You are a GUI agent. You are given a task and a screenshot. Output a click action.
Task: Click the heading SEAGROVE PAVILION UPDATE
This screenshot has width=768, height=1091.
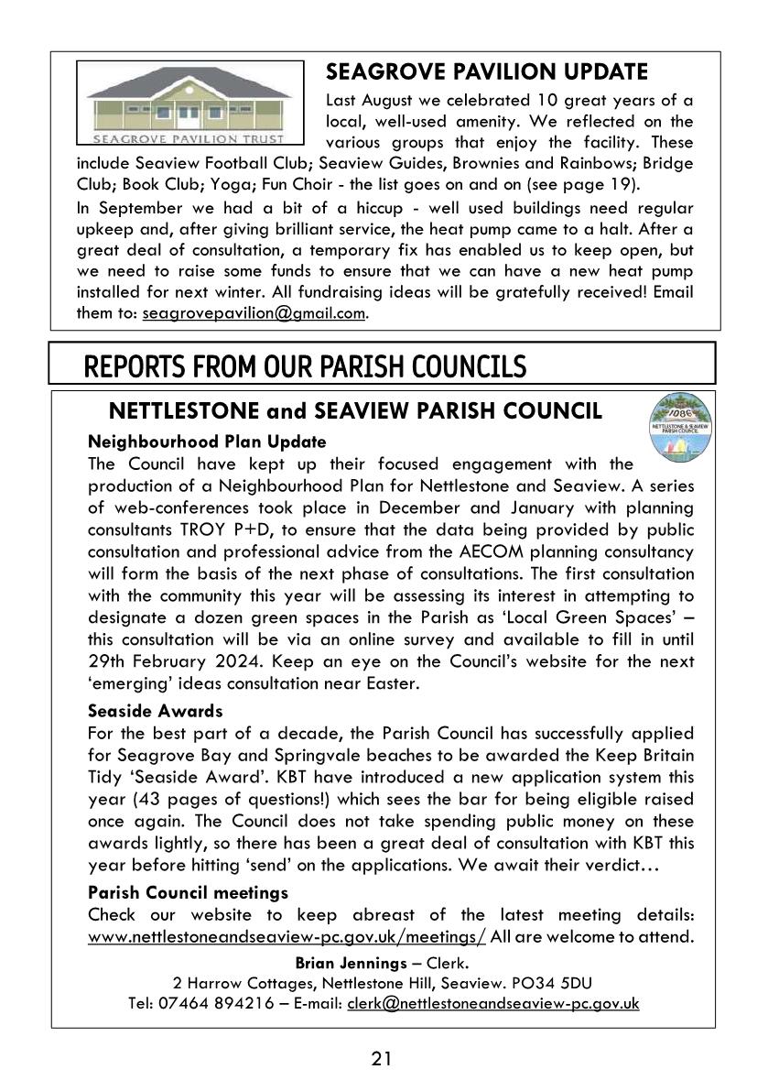pyautogui.click(x=487, y=71)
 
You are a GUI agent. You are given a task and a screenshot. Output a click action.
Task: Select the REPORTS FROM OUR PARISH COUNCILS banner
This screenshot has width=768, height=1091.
pyautogui.click(x=305, y=366)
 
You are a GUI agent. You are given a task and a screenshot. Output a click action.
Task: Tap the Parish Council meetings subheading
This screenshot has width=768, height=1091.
pyautogui.click(x=188, y=891)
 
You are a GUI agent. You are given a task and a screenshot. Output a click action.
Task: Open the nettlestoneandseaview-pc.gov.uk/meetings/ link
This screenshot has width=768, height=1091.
pyautogui.click(x=287, y=936)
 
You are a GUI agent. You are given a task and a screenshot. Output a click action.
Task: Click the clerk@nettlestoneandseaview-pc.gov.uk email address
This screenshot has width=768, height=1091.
pyautogui.click(x=492, y=1003)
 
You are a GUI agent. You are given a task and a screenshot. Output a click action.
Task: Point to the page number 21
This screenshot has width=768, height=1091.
pyautogui.click(x=383, y=1059)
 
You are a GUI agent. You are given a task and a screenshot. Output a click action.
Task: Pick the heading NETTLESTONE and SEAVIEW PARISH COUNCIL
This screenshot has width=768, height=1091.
pyautogui.click(x=355, y=411)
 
